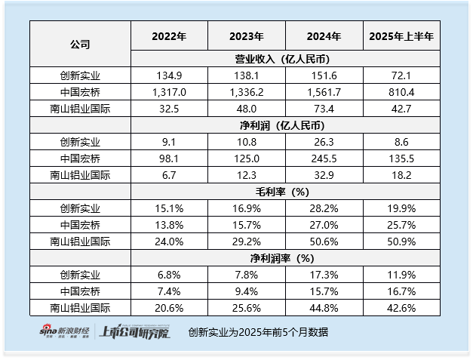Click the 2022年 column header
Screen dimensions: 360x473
(x=169, y=36)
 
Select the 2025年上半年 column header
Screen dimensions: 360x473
(x=402, y=36)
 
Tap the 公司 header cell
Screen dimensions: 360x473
(x=80, y=44)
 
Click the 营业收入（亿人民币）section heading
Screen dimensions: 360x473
(x=286, y=59)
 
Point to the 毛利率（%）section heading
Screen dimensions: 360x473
(x=286, y=192)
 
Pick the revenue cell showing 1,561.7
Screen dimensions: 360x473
(x=324, y=91)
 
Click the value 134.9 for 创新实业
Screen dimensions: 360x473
(x=169, y=75)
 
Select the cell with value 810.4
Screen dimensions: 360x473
(x=402, y=91)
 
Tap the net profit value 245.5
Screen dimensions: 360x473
(x=324, y=158)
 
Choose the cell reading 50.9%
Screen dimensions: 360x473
(x=402, y=241)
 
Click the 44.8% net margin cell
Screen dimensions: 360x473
(x=324, y=307)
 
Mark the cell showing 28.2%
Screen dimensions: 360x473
(x=324, y=208)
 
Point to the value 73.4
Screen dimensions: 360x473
(x=324, y=108)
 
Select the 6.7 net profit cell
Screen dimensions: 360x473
(x=169, y=174)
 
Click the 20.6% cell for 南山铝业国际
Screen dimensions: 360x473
(x=169, y=307)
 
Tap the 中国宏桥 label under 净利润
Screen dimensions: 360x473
(x=80, y=158)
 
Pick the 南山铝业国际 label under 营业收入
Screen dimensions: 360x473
(x=80, y=108)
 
